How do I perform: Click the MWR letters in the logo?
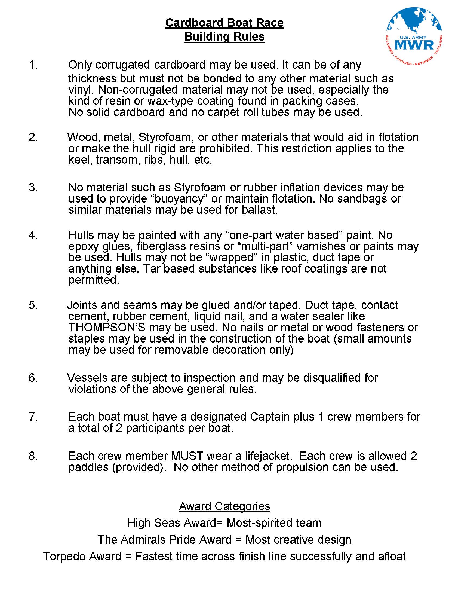(414, 44)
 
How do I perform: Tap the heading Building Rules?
(224, 36)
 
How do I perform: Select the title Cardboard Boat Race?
(224, 23)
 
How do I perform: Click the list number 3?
(33, 187)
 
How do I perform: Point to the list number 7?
(33, 417)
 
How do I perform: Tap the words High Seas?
(154, 523)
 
